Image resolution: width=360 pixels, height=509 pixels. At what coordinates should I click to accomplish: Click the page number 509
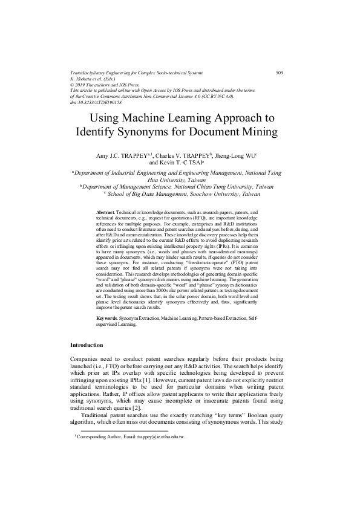pos(280,73)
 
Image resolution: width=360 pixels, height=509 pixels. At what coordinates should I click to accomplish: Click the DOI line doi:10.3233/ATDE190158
pos(97,103)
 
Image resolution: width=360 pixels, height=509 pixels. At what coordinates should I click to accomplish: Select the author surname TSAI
pos(199,163)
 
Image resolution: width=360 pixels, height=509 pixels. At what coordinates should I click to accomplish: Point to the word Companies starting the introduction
pos(89,358)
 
